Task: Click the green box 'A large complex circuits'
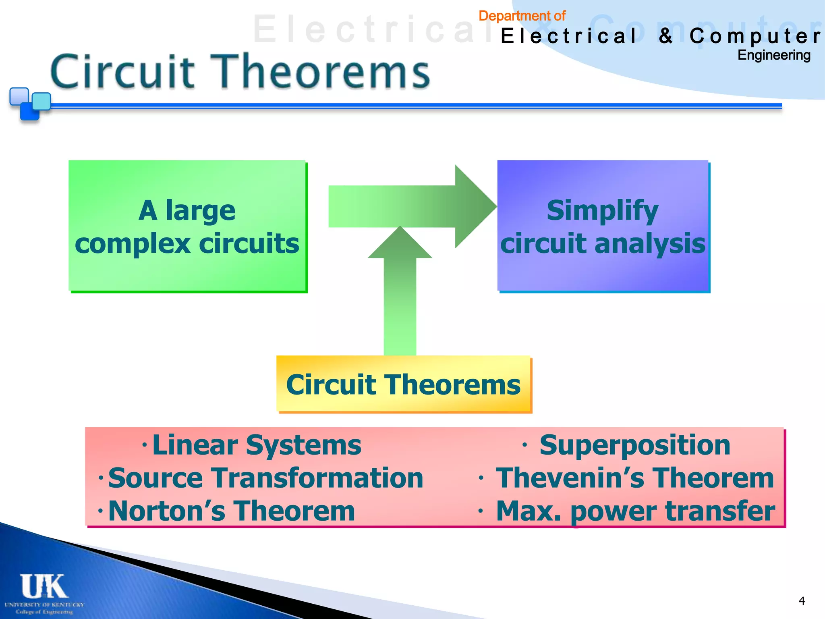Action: point(187,226)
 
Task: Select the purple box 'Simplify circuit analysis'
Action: point(603,226)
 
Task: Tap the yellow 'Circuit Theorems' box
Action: point(403,384)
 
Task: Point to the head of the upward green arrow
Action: point(400,244)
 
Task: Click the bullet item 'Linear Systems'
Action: point(257,445)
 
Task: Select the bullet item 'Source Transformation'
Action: point(265,478)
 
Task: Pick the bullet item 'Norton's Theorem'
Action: point(231,511)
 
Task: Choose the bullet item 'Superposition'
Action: point(634,445)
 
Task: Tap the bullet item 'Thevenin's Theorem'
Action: point(634,478)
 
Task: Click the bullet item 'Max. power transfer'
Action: point(635,511)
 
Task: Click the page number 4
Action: point(802,601)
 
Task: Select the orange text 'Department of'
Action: point(522,16)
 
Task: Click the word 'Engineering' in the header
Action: point(773,55)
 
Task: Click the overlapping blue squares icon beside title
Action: point(30,104)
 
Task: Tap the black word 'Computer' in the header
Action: point(755,36)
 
